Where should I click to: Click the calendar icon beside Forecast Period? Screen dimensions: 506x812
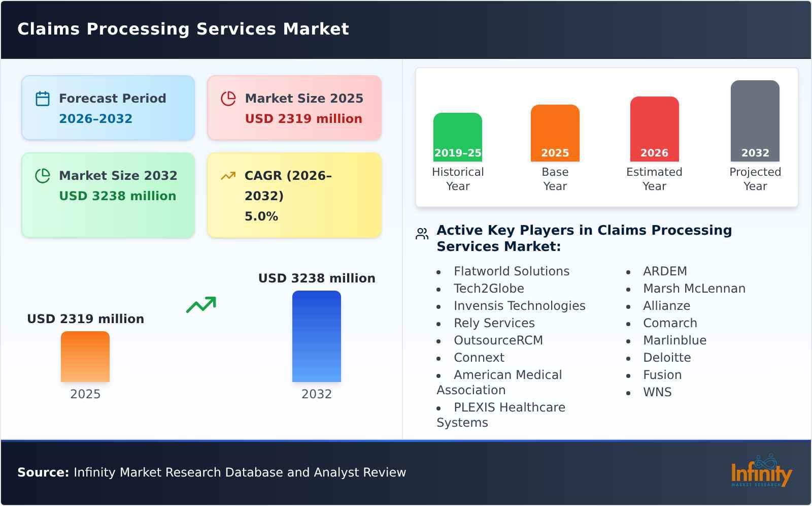[43, 99]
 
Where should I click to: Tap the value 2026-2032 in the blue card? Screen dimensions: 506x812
[95, 119]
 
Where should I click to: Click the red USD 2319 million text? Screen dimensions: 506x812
[303, 119]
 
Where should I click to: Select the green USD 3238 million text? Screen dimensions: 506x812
[118, 196]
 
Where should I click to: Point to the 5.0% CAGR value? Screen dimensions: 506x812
[261, 216]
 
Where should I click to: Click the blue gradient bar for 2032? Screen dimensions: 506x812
[316, 336]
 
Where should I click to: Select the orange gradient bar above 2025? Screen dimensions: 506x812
[85, 357]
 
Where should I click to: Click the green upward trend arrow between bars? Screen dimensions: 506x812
[201, 305]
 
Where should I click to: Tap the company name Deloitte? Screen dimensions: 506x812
[666, 358]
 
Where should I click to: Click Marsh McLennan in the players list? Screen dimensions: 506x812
[694, 289]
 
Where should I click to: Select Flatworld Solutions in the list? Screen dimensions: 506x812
[511, 271]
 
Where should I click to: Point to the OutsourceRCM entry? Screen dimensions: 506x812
[498, 340]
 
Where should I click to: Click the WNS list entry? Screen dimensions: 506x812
[657, 392]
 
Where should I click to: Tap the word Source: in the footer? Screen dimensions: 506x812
[43, 472]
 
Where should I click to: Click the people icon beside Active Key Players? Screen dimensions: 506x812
[422, 234]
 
